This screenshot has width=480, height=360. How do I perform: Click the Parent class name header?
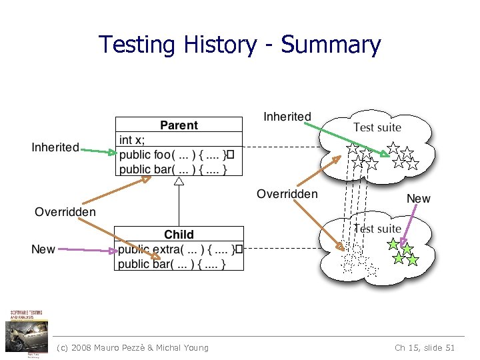coord(179,125)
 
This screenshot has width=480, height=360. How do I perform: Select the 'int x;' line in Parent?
coord(131,140)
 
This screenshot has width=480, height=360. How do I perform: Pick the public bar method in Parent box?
coord(173,169)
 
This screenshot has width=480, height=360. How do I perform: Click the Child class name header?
coord(179,235)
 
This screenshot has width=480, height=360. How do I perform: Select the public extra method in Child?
coord(176,249)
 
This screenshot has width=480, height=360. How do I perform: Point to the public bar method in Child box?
coord(173,264)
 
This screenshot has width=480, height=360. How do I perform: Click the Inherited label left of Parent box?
coord(55,147)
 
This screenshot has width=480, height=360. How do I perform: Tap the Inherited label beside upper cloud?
coord(287,117)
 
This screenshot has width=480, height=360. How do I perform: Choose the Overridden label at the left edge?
coord(65,212)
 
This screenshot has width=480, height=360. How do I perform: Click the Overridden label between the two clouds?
coord(287,194)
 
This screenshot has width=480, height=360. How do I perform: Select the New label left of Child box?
coord(43,249)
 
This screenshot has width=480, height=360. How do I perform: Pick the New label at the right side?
coord(419,199)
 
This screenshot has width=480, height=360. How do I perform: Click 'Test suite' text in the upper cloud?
coord(377,127)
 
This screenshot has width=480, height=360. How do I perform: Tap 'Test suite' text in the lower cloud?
coord(377,229)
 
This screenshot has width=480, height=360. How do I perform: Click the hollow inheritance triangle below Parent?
coord(178,180)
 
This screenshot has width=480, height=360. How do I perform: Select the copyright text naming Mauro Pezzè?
coord(133,347)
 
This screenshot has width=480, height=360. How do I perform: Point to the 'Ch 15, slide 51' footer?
coord(425,347)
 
